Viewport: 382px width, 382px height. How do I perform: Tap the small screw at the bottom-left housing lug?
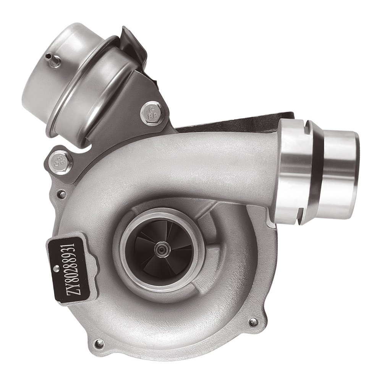(99, 343)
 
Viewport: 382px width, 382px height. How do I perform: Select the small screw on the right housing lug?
(253, 322)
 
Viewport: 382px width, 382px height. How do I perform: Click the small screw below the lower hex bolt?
(62, 194)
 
